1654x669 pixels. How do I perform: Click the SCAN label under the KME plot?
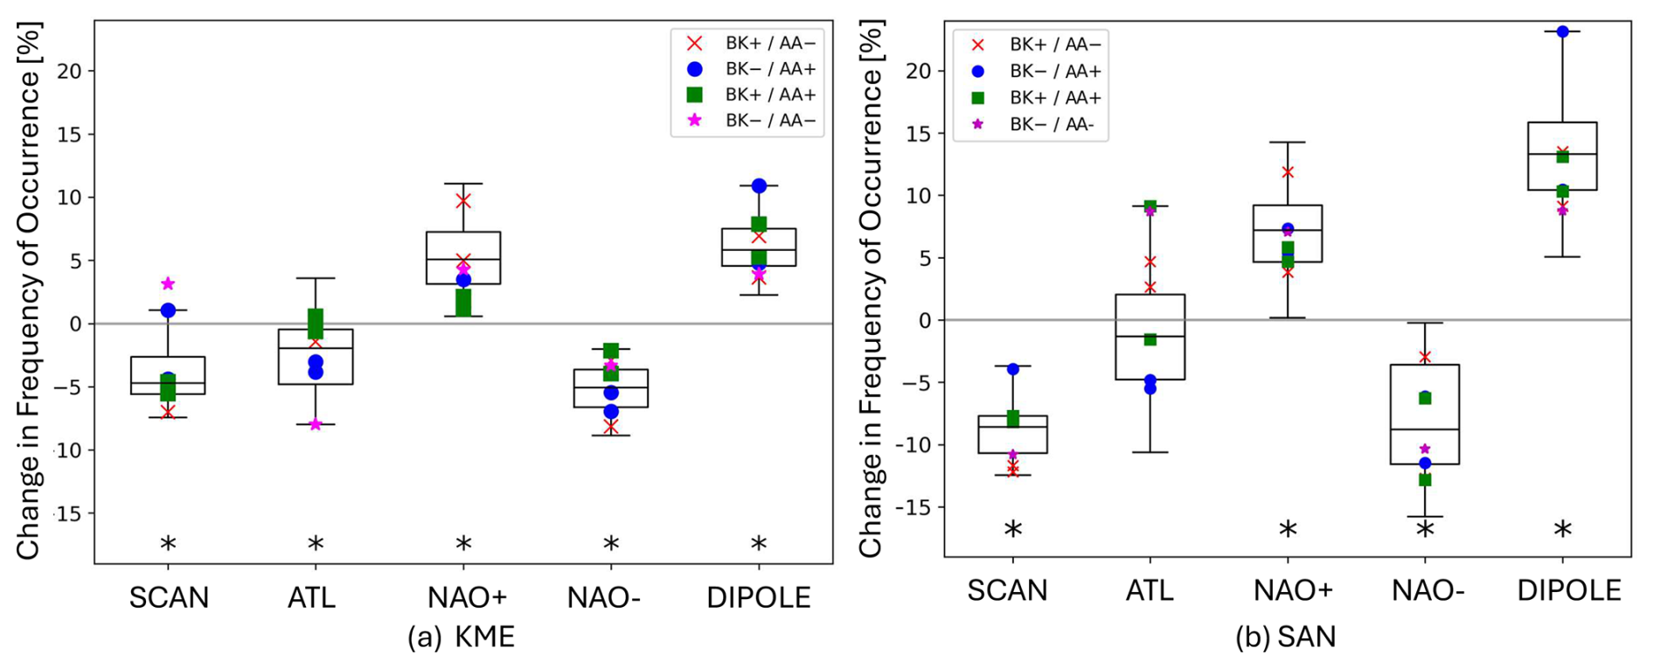coord(169,597)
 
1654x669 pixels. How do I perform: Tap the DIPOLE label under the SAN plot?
coord(1569,590)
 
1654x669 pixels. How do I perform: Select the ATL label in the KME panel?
coord(311,597)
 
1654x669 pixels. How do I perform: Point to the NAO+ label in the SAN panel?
coord(1293,590)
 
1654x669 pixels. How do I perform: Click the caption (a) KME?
coord(461,637)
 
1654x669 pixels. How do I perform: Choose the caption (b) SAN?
coord(1285,637)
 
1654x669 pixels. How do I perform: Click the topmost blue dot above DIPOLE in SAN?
coord(1562,31)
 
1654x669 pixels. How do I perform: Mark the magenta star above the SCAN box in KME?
coord(168,283)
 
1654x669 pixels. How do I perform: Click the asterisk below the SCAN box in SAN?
coord(1013,530)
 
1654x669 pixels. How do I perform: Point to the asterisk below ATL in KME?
coord(316,544)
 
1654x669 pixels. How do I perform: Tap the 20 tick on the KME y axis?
coord(69,71)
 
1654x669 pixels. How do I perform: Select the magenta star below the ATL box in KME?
coord(316,424)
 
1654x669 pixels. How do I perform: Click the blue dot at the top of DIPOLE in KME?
coord(759,185)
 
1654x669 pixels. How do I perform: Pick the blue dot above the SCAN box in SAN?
coord(1013,369)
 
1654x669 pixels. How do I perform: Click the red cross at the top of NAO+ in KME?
coord(463,201)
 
